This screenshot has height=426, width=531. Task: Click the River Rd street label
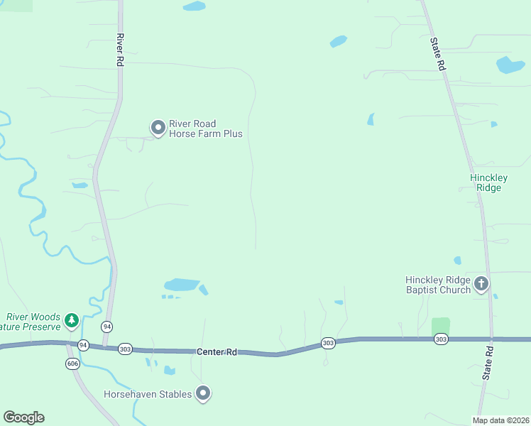(120, 50)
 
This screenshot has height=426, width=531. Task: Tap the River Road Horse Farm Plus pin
(158, 128)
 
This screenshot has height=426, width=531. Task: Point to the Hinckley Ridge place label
(486, 182)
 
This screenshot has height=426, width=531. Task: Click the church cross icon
(481, 285)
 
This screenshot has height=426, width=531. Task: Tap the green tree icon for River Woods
(71, 321)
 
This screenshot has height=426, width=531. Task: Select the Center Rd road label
(217, 351)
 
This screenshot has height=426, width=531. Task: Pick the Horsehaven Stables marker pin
(204, 393)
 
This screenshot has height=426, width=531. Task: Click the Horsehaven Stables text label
(148, 394)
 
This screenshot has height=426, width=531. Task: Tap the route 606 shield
(73, 363)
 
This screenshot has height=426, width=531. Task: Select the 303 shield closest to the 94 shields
(125, 348)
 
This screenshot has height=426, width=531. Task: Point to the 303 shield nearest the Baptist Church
(440, 340)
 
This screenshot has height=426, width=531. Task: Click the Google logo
(23, 417)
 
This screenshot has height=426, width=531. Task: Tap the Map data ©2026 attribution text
(500, 420)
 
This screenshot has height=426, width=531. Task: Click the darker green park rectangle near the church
(441, 327)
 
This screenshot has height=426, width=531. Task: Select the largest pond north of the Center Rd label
(182, 285)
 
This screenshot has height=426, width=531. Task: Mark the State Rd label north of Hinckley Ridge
(437, 53)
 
